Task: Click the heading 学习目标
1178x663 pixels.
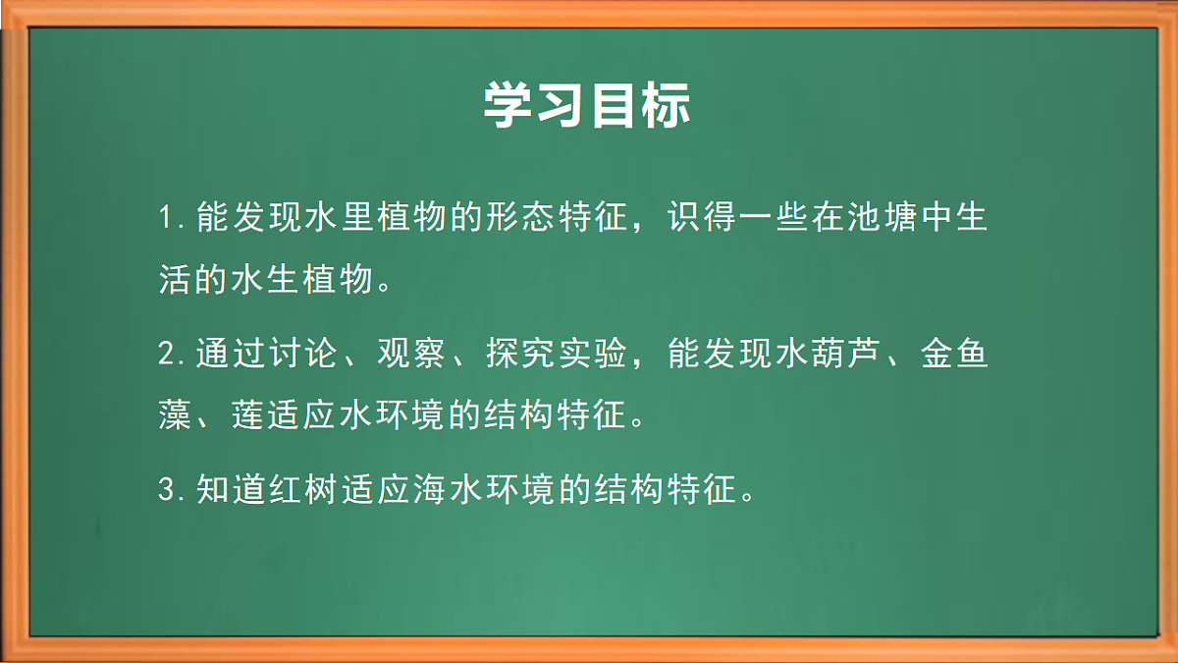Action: pyautogui.click(x=587, y=106)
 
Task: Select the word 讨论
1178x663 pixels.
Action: pyautogui.click(x=285, y=354)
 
